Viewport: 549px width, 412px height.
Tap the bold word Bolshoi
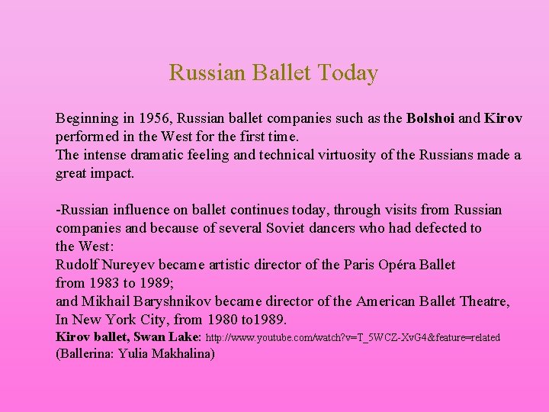pos(431,119)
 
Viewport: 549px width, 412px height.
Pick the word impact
pos(113,173)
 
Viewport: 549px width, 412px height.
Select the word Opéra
pos(395,265)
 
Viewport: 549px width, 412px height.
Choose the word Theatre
pos(483,301)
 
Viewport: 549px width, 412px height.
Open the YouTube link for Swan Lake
pos(353,337)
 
